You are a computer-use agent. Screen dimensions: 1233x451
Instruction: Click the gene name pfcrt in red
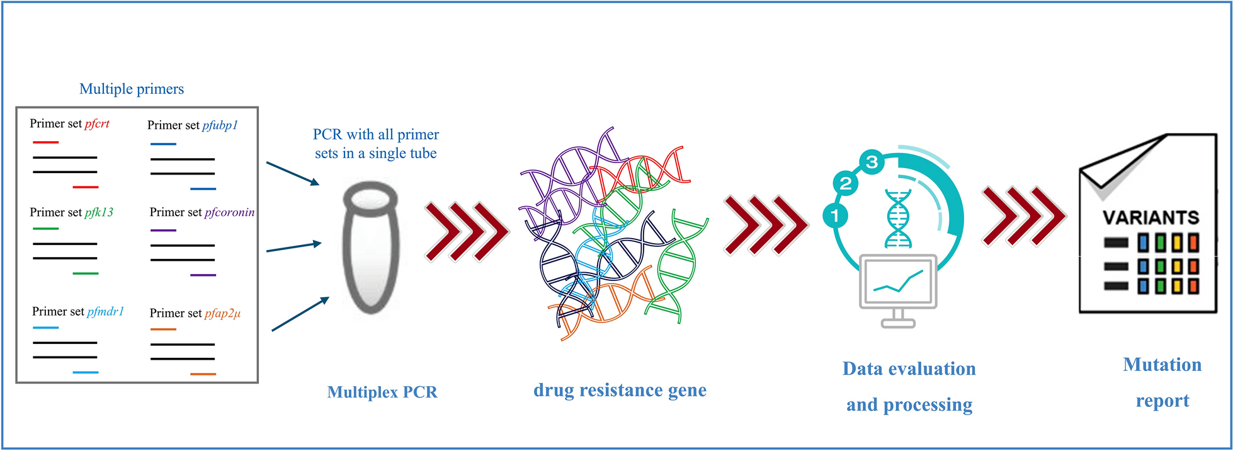click(97, 124)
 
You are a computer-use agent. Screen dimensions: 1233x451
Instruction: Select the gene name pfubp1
click(220, 125)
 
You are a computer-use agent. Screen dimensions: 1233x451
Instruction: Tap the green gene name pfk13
click(99, 212)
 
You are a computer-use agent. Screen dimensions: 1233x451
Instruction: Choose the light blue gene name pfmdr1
click(105, 311)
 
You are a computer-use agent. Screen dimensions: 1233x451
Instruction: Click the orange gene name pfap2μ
click(223, 313)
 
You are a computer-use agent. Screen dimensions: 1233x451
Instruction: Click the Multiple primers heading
click(132, 89)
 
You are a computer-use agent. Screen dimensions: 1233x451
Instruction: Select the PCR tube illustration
click(371, 248)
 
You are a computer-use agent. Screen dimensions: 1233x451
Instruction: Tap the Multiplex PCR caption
click(382, 392)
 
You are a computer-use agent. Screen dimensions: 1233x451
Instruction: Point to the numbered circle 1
click(835, 215)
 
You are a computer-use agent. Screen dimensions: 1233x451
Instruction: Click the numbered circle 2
click(846, 183)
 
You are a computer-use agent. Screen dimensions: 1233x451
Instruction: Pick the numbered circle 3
click(872, 163)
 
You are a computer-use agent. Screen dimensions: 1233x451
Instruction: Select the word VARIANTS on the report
click(1151, 217)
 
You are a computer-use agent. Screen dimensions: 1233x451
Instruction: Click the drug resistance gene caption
click(620, 390)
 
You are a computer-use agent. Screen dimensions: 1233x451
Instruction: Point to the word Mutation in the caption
click(1162, 365)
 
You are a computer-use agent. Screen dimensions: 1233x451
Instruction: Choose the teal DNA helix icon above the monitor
click(898, 219)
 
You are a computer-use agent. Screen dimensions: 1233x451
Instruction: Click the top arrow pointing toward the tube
click(293, 173)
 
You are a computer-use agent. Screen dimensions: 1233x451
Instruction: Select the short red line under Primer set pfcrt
click(45, 142)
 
